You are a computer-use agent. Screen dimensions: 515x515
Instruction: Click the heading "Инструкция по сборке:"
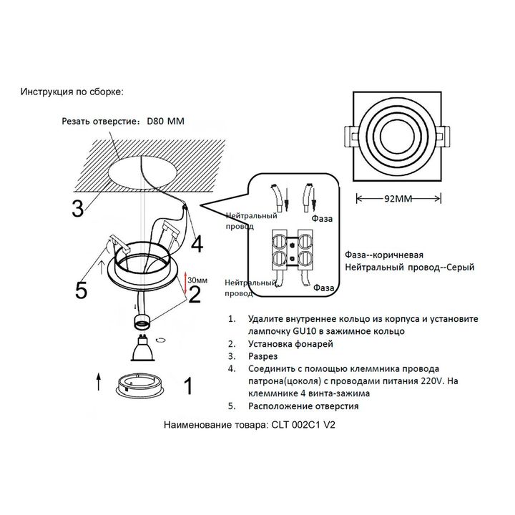[72, 92]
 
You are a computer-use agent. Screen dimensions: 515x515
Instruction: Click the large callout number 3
[79, 207]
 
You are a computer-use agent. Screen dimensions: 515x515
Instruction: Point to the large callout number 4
[195, 244]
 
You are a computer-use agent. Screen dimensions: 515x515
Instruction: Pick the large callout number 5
[82, 290]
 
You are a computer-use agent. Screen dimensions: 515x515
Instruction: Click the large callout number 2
[193, 293]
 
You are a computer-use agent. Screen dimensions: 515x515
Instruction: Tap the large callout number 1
[188, 387]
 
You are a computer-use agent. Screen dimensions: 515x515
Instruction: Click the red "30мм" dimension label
[198, 280]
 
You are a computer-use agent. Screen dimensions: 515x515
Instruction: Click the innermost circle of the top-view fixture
[396, 133]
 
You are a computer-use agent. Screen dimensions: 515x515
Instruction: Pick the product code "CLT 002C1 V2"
[303, 424]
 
